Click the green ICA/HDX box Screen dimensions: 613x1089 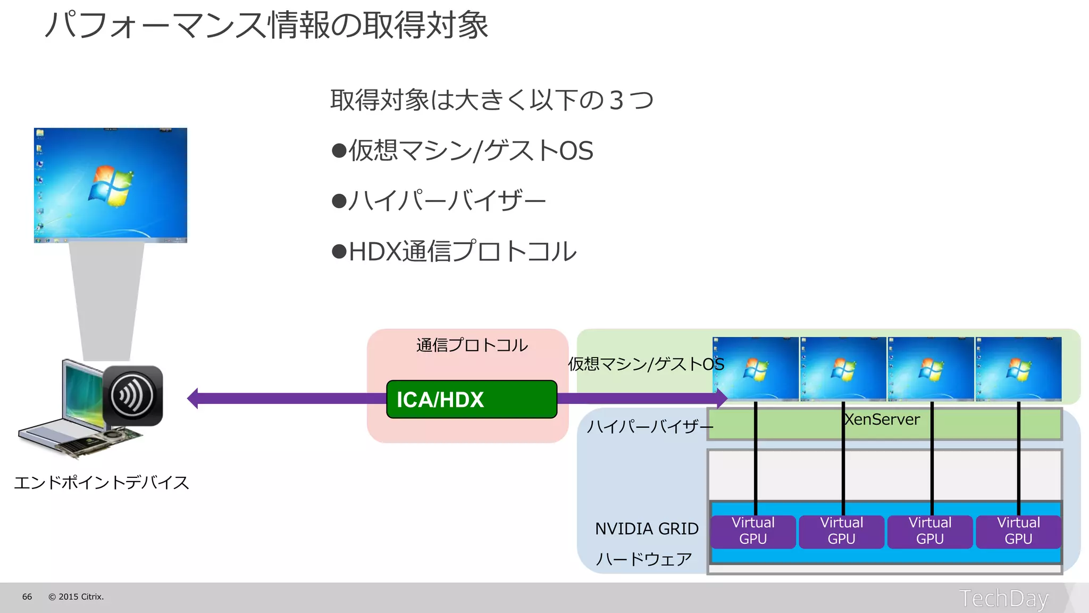(x=471, y=399)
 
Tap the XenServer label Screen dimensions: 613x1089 (x=882, y=419)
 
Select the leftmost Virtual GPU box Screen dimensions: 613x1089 (x=753, y=531)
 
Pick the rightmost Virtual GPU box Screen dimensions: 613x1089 (x=1018, y=531)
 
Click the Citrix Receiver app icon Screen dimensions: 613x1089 (x=132, y=395)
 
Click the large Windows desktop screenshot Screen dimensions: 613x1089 (x=111, y=185)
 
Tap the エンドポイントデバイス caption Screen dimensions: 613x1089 (x=102, y=483)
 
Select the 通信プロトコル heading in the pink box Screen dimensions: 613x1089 (x=472, y=345)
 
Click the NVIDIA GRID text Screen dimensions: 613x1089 (x=647, y=529)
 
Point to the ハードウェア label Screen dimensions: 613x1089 (x=643, y=559)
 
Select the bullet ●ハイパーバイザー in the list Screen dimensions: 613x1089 (x=438, y=201)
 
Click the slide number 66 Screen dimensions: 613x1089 (x=27, y=597)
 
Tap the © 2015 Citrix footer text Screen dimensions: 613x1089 (x=76, y=597)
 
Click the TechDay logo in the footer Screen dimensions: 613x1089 (x=1003, y=598)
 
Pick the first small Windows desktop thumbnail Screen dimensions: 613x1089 (x=756, y=369)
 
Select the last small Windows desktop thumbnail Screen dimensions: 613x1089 (x=1018, y=369)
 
